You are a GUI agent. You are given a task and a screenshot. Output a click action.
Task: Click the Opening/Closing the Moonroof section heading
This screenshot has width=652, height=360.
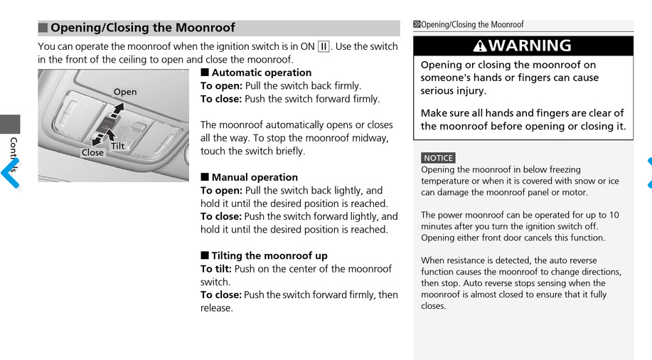142,28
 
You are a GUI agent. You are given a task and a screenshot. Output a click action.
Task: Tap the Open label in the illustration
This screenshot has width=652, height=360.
125,92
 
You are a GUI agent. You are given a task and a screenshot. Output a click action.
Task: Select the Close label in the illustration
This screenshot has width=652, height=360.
92,152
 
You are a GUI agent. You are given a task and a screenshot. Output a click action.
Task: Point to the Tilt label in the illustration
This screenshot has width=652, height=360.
118,147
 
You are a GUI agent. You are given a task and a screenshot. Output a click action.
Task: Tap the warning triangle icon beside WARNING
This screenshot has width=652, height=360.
480,46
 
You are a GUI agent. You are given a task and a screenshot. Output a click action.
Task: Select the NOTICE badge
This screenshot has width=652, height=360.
438,158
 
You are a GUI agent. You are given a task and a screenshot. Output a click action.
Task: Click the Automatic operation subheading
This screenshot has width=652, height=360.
261,73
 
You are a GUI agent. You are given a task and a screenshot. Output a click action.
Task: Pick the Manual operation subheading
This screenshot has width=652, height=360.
255,177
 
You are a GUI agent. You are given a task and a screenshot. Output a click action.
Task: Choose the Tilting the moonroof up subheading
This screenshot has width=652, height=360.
269,255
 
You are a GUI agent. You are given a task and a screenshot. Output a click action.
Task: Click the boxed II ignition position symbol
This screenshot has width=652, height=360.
324,47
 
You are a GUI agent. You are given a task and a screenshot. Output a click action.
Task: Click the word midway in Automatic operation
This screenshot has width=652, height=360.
371,138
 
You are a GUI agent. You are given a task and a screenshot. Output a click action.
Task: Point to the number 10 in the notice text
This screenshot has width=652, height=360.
614,215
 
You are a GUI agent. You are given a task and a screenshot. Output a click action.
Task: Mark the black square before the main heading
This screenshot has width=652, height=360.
43,28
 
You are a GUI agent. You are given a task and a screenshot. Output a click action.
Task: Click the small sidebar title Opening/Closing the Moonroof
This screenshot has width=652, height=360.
472,25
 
